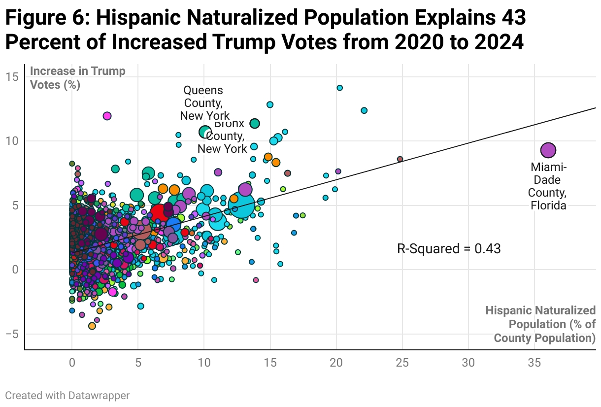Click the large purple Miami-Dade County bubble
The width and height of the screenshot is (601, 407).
tap(548, 150)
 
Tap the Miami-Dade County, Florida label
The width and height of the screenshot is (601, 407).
tap(548, 186)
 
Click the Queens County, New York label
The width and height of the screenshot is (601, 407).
tap(204, 103)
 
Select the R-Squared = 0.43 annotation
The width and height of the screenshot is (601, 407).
tap(449, 249)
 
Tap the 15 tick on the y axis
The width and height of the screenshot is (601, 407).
tap(13, 76)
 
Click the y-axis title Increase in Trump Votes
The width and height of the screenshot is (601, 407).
tap(78, 78)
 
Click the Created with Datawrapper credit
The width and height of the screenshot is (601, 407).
tap(67, 395)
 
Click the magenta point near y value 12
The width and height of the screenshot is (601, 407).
tap(107, 116)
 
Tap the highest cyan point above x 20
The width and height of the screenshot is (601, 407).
tap(339, 88)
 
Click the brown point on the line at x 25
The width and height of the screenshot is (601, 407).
tap(400, 159)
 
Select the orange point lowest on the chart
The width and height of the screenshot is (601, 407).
tap(92, 326)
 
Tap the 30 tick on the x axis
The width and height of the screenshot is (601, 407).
tap(468, 363)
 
